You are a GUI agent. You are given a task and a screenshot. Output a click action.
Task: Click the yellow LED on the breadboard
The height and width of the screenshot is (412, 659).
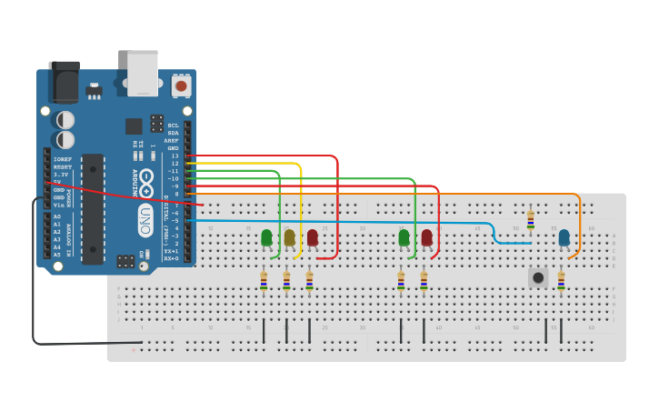click(x=289, y=237)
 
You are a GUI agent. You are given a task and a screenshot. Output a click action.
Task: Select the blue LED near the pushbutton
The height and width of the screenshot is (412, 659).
click(x=564, y=237)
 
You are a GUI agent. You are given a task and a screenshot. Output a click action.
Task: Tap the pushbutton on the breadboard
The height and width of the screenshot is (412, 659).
click(x=538, y=276)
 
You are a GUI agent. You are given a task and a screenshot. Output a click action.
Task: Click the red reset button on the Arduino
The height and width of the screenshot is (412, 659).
click(x=181, y=86)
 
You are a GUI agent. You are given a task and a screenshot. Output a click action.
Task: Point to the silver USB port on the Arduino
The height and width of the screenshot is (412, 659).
click(x=143, y=72)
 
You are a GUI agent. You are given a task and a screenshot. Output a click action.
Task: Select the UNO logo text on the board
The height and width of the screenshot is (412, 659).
click(x=145, y=216)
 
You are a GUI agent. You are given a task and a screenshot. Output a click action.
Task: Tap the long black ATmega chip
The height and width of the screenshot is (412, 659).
click(x=93, y=208)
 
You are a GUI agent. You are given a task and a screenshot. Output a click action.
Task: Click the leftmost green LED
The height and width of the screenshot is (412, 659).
click(x=266, y=237)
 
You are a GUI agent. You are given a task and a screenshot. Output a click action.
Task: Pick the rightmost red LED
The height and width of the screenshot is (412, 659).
click(x=426, y=237)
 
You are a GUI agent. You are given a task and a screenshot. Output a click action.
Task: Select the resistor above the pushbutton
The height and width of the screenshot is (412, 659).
click(x=531, y=221)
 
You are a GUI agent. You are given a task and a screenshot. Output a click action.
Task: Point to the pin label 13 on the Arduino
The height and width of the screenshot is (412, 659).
click(x=175, y=156)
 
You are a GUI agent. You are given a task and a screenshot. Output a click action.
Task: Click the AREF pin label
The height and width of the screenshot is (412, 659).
click(x=172, y=140)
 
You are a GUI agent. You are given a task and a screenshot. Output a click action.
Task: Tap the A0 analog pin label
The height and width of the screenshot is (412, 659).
click(x=57, y=216)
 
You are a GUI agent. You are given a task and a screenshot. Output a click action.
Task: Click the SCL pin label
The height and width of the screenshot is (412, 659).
click(x=173, y=126)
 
